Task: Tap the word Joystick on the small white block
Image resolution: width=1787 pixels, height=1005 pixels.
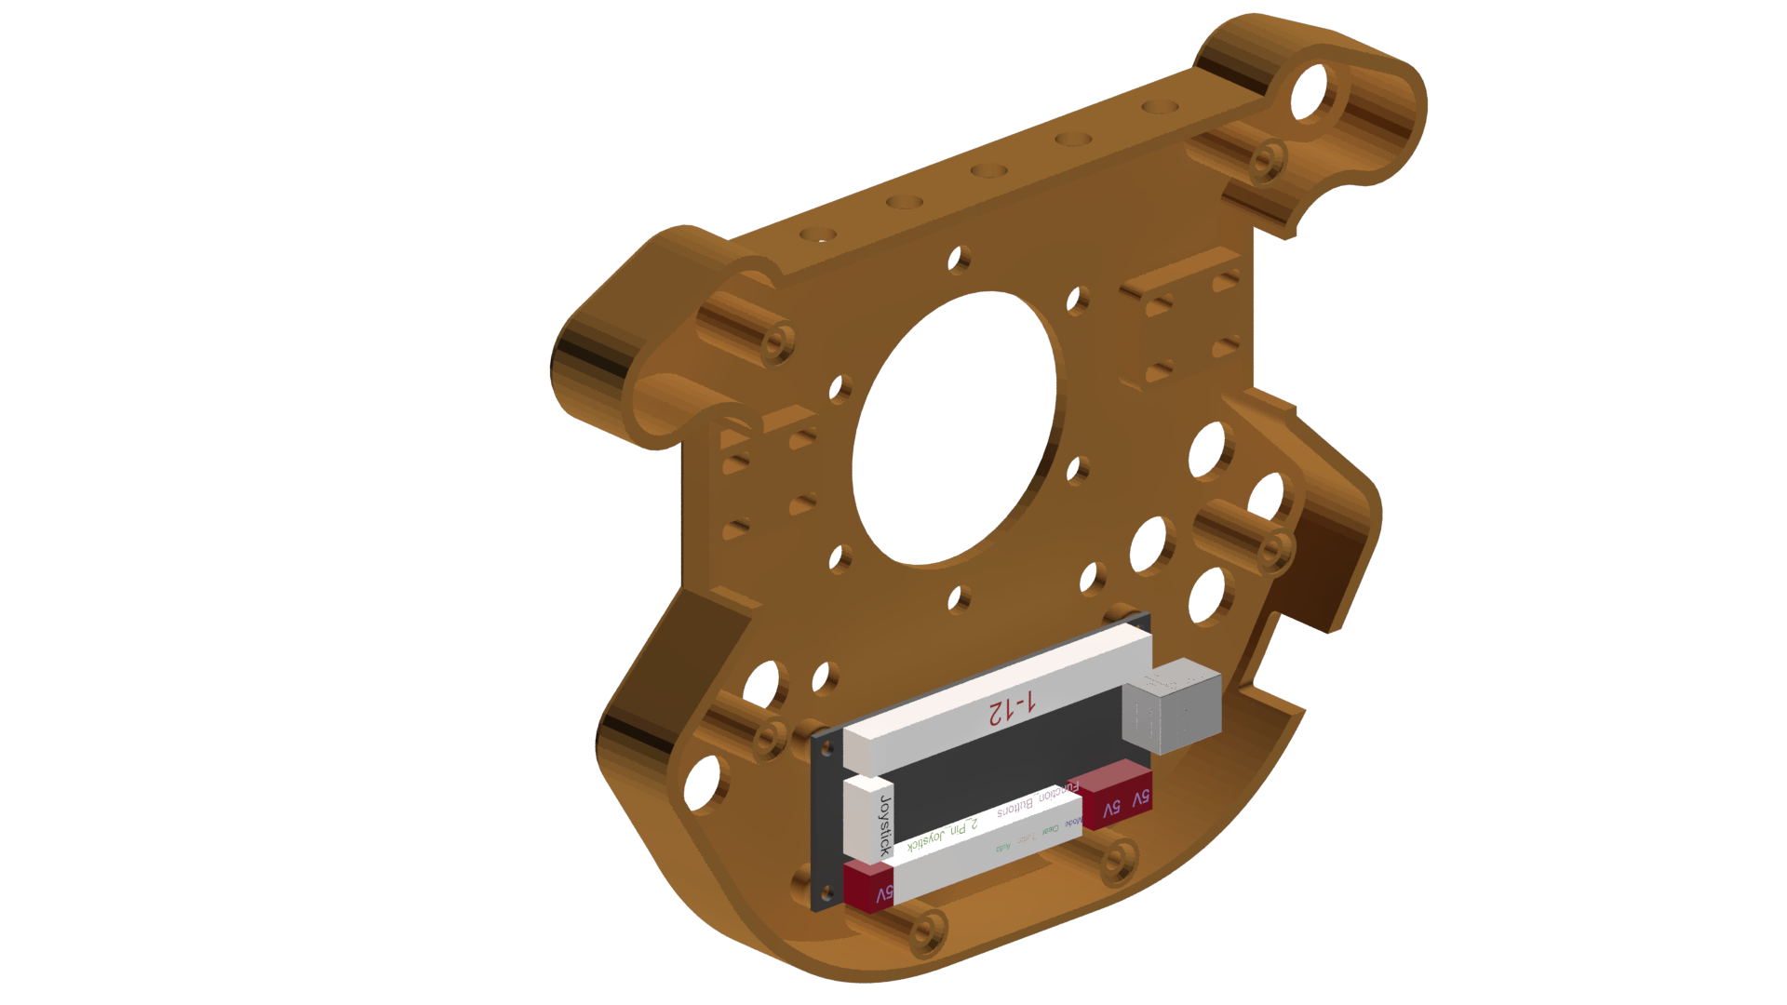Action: tap(885, 825)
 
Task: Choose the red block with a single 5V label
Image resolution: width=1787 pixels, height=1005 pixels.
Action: tap(867, 890)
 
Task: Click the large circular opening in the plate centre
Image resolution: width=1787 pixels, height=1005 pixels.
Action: tap(956, 428)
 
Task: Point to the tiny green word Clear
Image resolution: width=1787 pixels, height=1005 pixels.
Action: tap(1050, 830)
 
